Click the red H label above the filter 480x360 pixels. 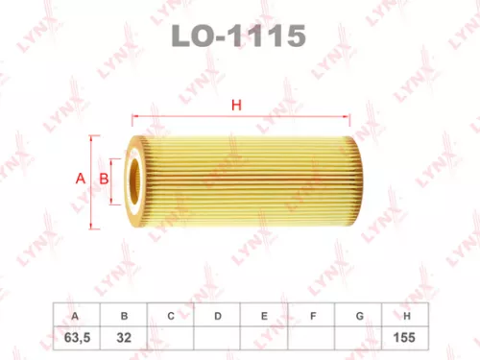pyautogui.click(x=233, y=106)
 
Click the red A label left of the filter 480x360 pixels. pyautogui.click(x=80, y=179)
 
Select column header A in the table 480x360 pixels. pyautogui.click(x=75, y=315)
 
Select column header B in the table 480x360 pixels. pyautogui.click(x=123, y=315)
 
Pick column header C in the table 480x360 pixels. pyautogui.click(x=170, y=315)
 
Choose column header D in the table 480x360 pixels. pyautogui.click(x=218, y=315)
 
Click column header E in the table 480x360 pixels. pyautogui.click(x=265, y=315)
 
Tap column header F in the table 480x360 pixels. pyautogui.click(x=313, y=315)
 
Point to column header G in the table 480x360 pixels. pyautogui.click(x=360, y=315)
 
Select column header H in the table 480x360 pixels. pyautogui.click(x=408, y=315)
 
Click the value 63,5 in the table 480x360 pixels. pyautogui.click(x=75, y=338)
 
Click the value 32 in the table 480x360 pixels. pyautogui.click(x=123, y=338)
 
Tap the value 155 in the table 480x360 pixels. pyautogui.click(x=408, y=338)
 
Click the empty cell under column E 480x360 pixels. pyautogui.click(x=265, y=338)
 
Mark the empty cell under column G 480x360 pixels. pyautogui.click(x=360, y=338)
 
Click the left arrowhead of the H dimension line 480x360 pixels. pyautogui.click(x=132, y=123)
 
